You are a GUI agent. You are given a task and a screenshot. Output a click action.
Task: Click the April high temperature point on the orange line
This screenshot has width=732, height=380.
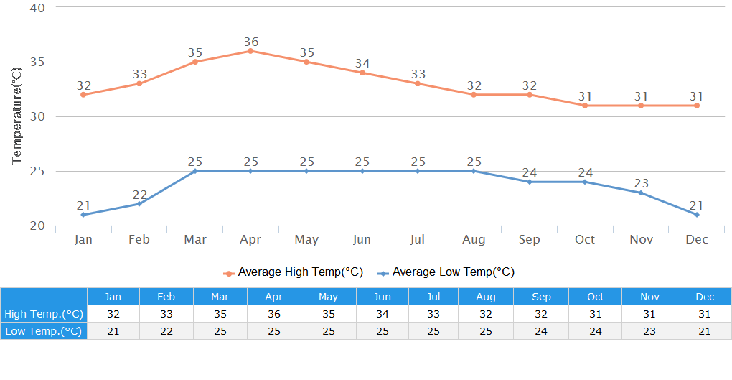pyautogui.click(x=250, y=51)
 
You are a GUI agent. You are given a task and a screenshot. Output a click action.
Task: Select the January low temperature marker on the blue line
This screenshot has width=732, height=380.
pyautogui.click(x=83, y=215)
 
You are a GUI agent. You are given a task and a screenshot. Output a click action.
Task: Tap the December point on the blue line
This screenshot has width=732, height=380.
pyautogui.click(x=697, y=215)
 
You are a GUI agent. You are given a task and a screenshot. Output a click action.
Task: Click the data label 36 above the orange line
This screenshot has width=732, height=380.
pyautogui.click(x=250, y=42)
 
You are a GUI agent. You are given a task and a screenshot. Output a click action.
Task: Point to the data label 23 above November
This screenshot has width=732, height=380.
pyautogui.click(x=641, y=183)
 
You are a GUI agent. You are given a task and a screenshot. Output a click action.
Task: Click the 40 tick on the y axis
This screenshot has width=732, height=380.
pyautogui.click(x=37, y=8)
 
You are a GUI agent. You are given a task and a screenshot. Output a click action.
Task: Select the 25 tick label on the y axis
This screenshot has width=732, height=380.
pyautogui.click(x=37, y=171)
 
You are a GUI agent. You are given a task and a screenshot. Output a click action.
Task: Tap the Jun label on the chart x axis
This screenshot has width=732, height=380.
pyautogui.click(x=362, y=239)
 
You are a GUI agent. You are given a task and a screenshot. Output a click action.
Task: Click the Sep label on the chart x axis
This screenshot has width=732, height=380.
pyautogui.click(x=530, y=239)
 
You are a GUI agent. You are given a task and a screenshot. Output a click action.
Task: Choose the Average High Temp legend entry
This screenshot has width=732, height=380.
pyautogui.click(x=294, y=272)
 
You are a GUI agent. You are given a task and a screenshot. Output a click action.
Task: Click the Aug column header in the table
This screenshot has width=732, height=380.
pyautogui.click(x=486, y=297)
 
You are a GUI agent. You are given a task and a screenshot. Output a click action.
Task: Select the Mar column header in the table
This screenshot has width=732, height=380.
pyautogui.click(x=220, y=297)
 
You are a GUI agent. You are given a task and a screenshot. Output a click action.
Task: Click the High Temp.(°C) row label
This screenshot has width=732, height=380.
pyautogui.click(x=44, y=314)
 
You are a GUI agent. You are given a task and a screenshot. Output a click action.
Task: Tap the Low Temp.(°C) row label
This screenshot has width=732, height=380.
pyautogui.click(x=44, y=331)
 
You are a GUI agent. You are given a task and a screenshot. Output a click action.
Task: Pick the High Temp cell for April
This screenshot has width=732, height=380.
pyautogui.click(x=273, y=314)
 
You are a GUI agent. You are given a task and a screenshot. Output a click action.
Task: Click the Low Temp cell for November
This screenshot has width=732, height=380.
pyautogui.click(x=649, y=331)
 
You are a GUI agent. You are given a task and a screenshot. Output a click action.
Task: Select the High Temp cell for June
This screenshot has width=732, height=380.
pyautogui.click(x=382, y=314)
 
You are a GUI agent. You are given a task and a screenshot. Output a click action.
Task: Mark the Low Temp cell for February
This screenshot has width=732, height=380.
pyautogui.click(x=166, y=331)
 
